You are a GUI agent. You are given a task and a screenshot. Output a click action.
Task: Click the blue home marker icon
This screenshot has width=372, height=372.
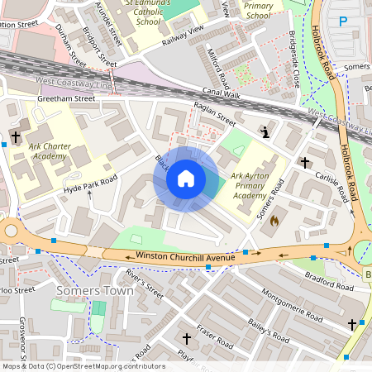pos(186,179)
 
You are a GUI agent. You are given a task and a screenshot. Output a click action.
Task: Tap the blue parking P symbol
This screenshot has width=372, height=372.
pos(342,21)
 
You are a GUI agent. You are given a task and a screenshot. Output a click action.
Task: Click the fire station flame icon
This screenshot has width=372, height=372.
pos(276,221)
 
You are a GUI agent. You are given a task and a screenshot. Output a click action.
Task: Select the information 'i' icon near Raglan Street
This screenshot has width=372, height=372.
pos(265,131)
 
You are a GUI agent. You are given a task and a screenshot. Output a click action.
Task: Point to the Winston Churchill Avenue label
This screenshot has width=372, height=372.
pos(185,257)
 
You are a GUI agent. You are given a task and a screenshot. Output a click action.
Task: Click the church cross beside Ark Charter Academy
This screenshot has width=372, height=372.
pos(16,135)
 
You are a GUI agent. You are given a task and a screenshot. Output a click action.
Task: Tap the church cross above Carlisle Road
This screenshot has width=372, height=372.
pos(305,162)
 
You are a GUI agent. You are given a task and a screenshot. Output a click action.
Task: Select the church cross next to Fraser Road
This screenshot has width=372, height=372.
pos(186,338)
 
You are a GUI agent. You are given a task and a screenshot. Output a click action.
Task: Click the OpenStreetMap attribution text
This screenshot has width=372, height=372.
pos(83,366)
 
